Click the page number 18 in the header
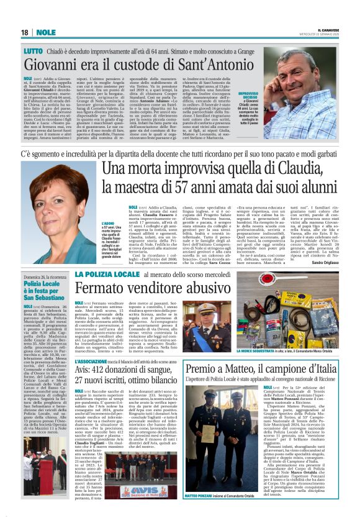tap(24, 32)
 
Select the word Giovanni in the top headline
tap(60, 65)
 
